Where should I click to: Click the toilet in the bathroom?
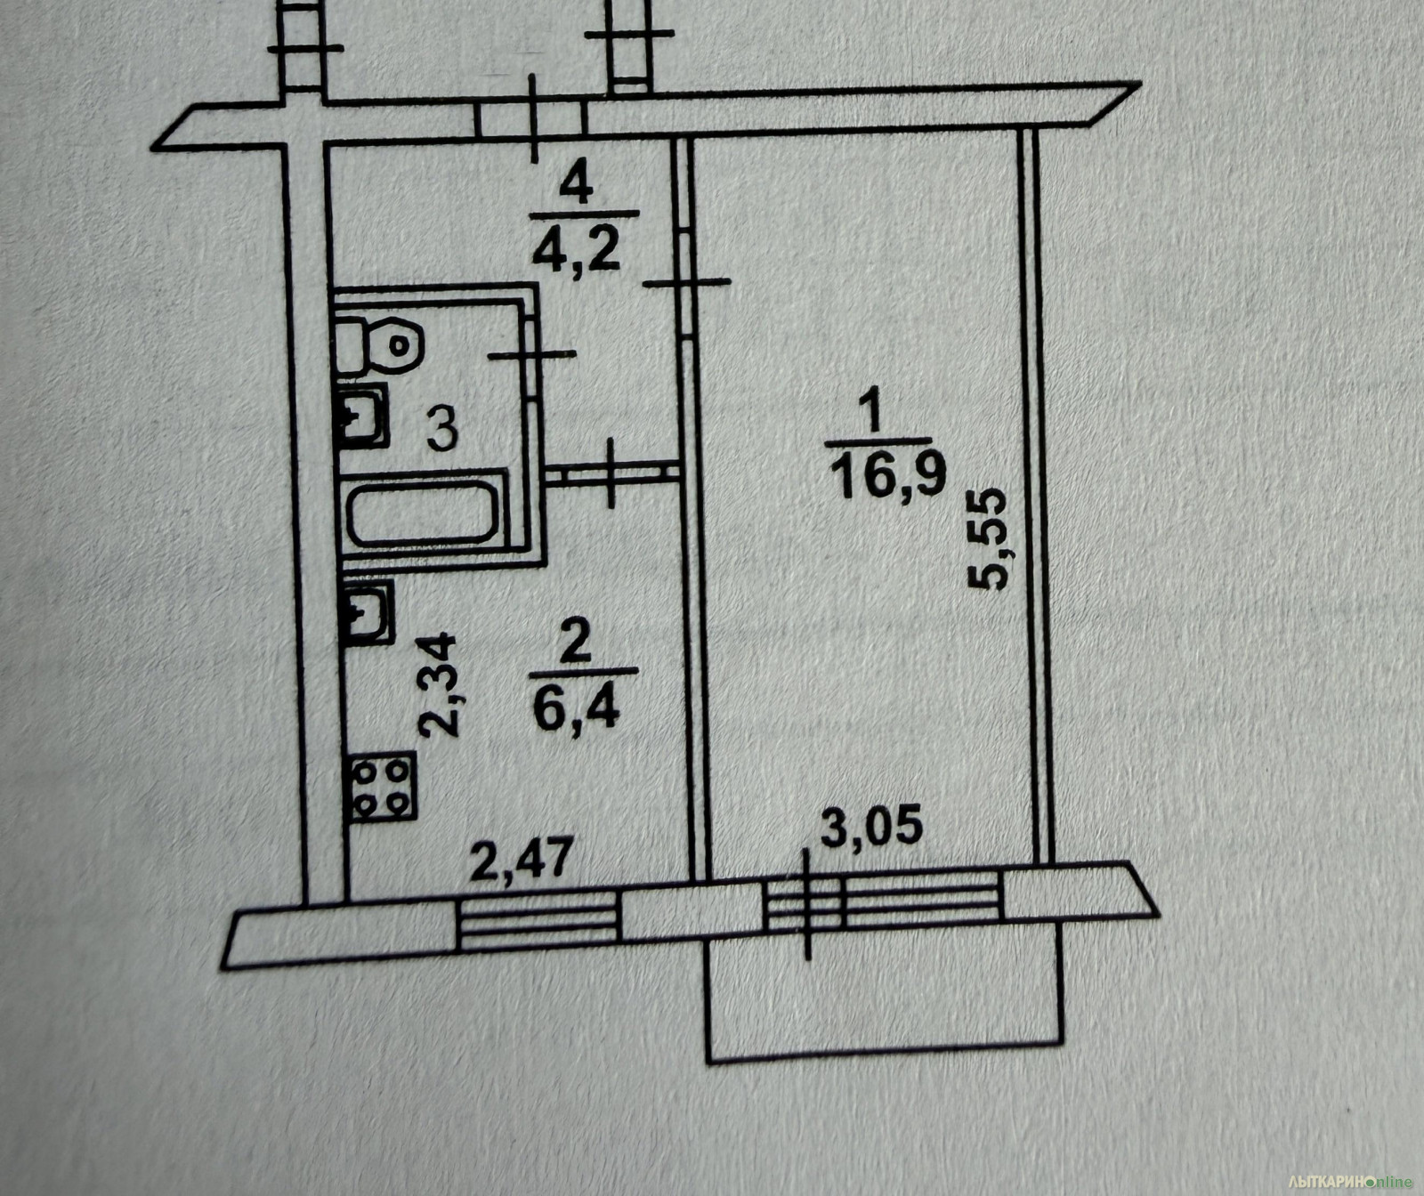click(x=377, y=344)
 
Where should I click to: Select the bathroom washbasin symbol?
click(x=361, y=415)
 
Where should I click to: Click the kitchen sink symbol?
click(x=368, y=611)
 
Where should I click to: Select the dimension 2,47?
click(x=521, y=861)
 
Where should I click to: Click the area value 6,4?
click(x=576, y=711)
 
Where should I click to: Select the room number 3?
click(x=441, y=429)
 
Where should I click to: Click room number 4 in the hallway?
click(x=578, y=187)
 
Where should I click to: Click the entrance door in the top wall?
click(x=531, y=120)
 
